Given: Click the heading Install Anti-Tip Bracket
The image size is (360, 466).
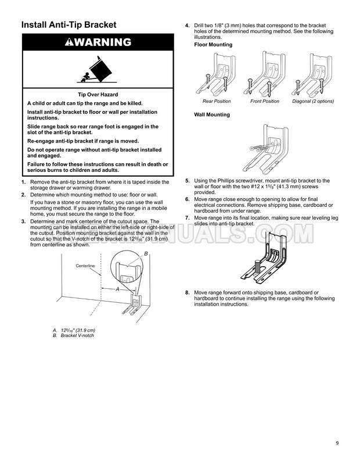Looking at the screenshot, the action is [69, 24].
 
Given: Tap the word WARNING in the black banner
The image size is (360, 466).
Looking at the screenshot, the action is [103, 42].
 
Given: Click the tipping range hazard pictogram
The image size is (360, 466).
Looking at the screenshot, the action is [97, 70].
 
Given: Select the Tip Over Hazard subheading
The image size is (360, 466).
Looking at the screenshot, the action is [98, 95].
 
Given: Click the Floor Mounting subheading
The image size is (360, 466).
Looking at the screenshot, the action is [213, 45].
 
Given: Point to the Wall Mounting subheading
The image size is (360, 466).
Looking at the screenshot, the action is [212, 114].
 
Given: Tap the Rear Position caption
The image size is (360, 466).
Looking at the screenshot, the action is [217, 101].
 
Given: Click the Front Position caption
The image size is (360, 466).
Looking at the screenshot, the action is [265, 101].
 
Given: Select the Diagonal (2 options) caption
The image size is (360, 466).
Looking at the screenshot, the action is [313, 101].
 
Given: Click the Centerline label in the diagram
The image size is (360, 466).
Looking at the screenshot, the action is [85, 266].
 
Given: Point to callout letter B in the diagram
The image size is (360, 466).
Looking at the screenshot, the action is [146, 254].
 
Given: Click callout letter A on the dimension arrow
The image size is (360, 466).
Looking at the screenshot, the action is [118, 289].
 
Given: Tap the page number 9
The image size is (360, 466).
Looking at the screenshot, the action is [337, 443].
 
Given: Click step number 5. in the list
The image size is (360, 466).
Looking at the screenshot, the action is [188, 180].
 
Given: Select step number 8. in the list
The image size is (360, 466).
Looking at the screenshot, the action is [188, 292].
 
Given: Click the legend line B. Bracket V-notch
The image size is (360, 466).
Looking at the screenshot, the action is [73, 335].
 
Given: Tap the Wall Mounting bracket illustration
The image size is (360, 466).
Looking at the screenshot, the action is [265, 149].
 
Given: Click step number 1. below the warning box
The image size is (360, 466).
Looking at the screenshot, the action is [24, 182].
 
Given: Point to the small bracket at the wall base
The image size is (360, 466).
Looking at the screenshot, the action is [133, 304].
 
